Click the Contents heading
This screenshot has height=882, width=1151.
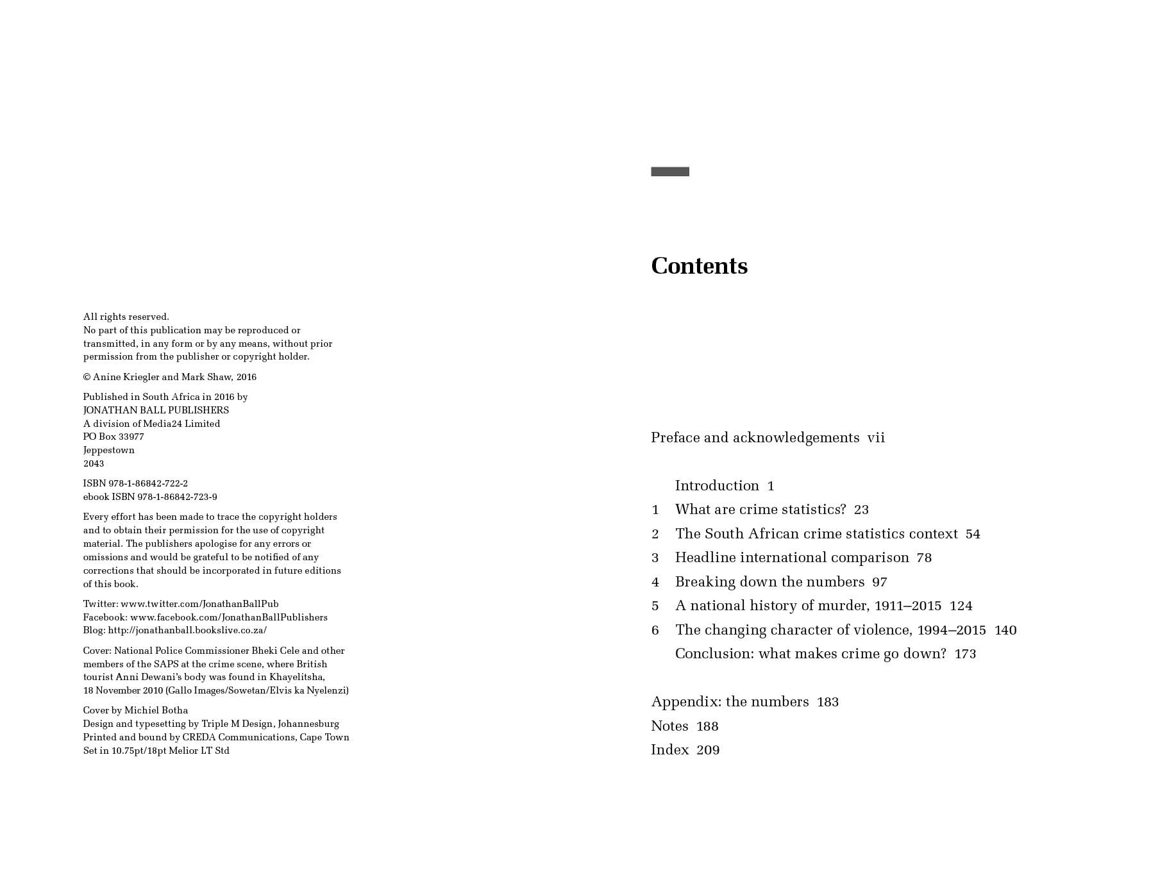point(699,266)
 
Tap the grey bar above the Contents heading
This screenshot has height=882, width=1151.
point(670,172)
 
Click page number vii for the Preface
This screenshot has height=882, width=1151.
point(876,438)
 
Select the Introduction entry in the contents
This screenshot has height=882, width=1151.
point(717,486)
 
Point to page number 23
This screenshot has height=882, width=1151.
point(861,510)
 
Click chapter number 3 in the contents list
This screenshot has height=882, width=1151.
point(655,558)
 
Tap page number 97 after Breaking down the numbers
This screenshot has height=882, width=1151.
point(879,582)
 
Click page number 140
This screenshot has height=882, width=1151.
point(1005,630)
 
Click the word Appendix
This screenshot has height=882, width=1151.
point(685,702)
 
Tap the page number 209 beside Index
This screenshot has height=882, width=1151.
point(708,750)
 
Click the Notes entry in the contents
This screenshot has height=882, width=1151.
point(669,726)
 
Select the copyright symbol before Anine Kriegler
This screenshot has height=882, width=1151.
point(87,378)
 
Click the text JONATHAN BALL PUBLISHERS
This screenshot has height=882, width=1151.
point(156,410)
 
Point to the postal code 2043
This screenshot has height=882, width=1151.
point(94,463)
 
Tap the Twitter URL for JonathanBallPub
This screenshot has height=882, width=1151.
point(199,604)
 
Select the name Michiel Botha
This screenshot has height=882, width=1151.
point(156,710)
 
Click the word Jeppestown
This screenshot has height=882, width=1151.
point(109,450)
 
